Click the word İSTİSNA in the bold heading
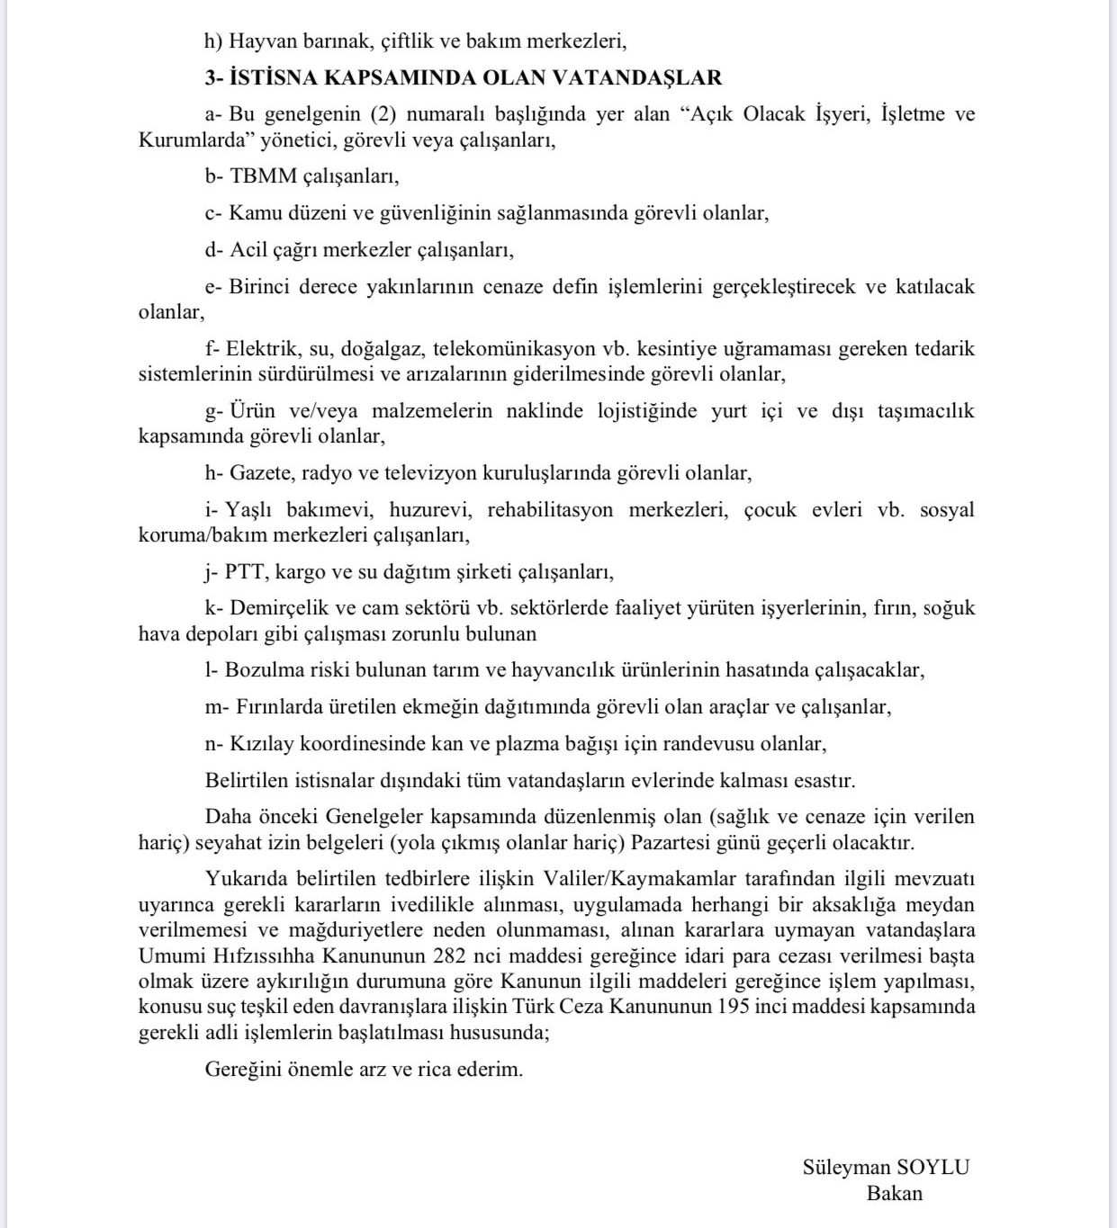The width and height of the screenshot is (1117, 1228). point(274,78)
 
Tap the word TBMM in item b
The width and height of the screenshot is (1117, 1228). point(263,176)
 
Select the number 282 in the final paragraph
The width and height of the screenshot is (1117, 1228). point(449,955)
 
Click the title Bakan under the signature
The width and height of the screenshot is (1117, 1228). point(895,1194)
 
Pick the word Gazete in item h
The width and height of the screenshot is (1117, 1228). point(261,473)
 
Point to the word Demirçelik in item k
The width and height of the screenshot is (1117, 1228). point(275,608)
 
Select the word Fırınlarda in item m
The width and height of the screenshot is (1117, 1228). point(279,707)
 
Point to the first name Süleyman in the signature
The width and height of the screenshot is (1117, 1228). point(845,1168)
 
